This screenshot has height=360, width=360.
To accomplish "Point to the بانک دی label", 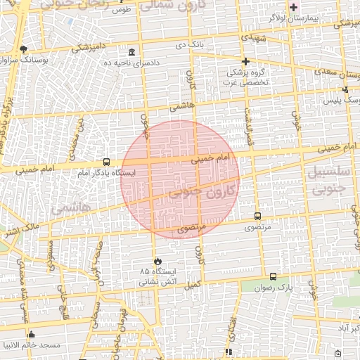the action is [190, 44].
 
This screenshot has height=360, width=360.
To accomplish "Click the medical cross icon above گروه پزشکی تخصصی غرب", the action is [245, 62].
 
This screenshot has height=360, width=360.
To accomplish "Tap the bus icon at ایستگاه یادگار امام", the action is [106, 162].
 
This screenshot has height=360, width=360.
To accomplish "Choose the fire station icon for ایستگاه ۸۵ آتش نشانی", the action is [157, 261].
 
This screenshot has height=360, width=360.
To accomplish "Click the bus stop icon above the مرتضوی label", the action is [257, 217].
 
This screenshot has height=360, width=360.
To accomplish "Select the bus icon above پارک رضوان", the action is [273, 277].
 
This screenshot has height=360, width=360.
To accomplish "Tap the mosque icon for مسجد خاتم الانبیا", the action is [30, 335].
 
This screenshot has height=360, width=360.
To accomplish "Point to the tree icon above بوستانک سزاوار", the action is [23, 49].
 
